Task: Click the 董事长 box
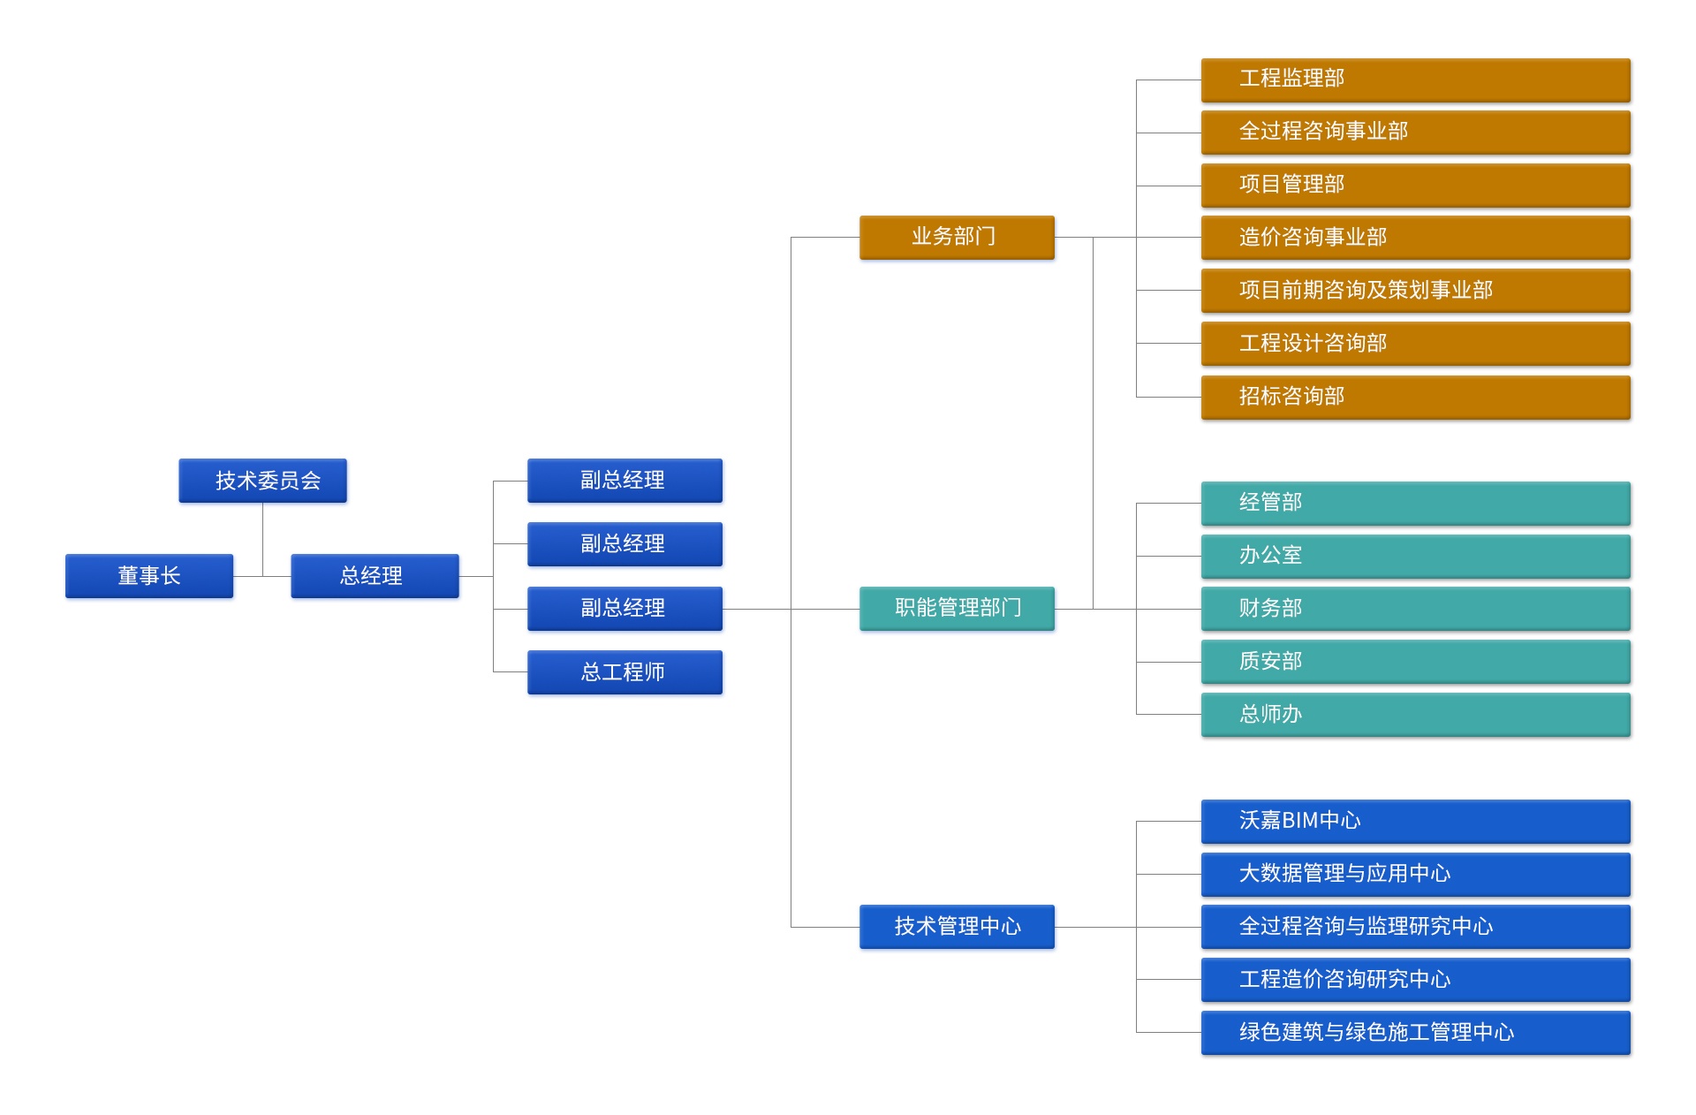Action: click(x=149, y=576)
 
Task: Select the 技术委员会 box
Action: click(x=262, y=481)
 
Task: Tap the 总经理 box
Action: click(x=375, y=576)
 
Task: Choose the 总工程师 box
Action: click(x=625, y=672)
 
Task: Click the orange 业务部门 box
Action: click(x=957, y=237)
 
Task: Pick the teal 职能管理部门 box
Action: click(x=957, y=608)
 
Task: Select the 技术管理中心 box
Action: click(x=957, y=926)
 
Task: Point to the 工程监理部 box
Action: click(x=1415, y=80)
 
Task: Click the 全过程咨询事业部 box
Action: click(x=1415, y=132)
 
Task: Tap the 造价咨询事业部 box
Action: click(x=1415, y=238)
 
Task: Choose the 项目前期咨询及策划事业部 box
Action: click(x=1415, y=291)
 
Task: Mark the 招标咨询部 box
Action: click(x=1415, y=397)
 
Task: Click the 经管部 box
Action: click(x=1415, y=503)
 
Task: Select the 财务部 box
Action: click(x=1415, y=609)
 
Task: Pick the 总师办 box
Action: click(x=1415, y=715)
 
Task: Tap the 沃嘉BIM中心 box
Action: click(x=1415, y=821)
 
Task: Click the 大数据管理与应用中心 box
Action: click(x=1415, y=874)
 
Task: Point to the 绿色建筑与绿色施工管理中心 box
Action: click(x=1415, y=1033)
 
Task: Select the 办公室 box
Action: click(x=1415, y=556)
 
